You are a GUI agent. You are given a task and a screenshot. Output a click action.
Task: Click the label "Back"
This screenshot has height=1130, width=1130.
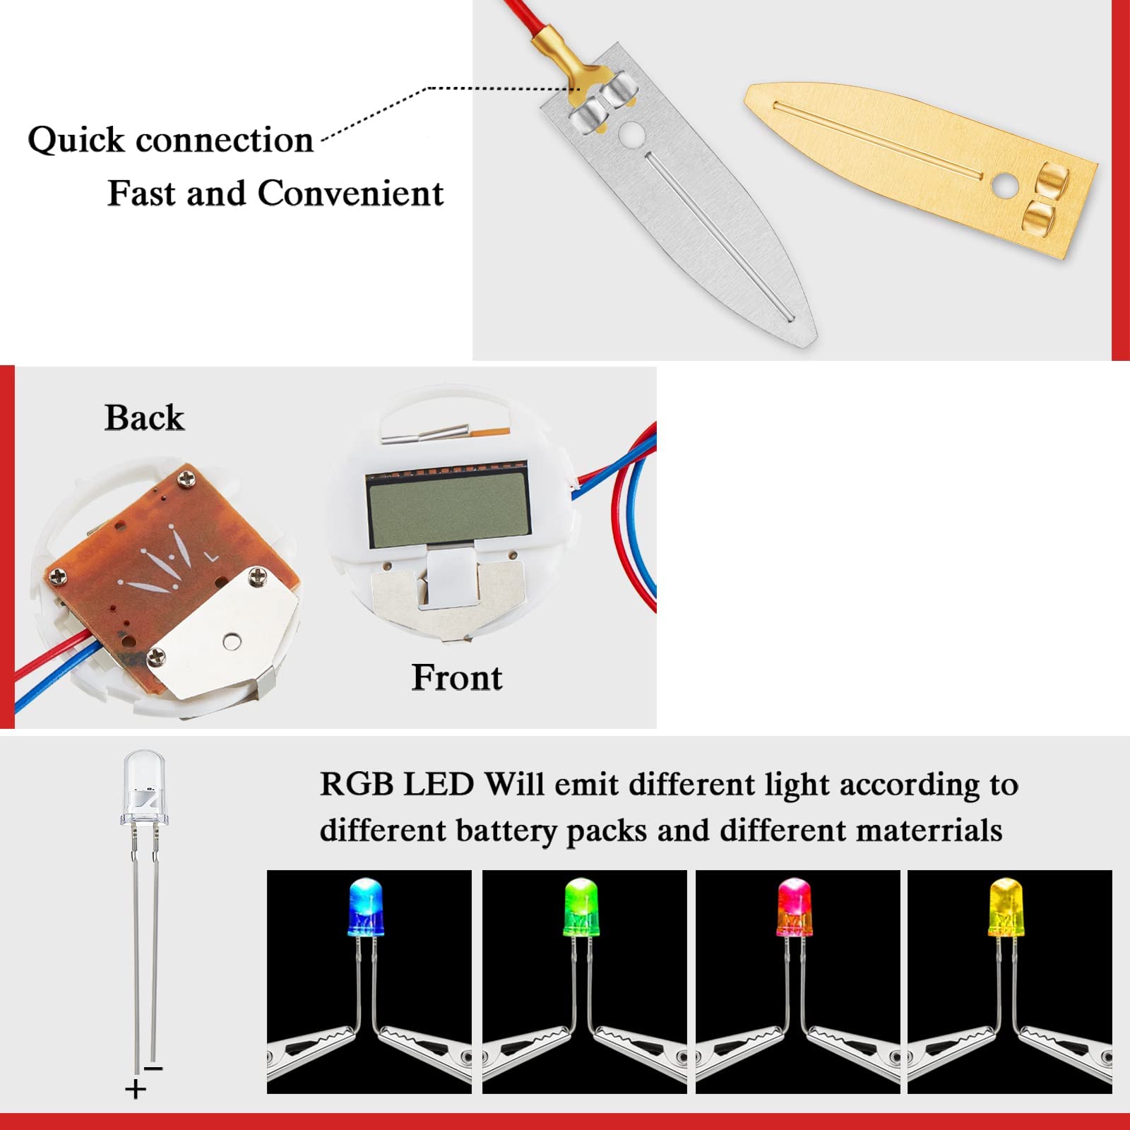tap(144, 417)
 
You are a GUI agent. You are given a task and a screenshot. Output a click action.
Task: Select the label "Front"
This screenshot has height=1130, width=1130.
tap(457, 677)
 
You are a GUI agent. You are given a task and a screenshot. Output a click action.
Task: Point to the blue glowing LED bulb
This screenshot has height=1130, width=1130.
tap(366, 907)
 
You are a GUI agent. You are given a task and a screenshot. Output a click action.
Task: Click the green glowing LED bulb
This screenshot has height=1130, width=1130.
tap(582, 907)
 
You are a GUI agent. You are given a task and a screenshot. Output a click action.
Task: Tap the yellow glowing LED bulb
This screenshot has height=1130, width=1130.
tap(1007, 907)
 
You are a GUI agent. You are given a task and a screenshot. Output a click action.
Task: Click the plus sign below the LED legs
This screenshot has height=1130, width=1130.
tap(135, 1089)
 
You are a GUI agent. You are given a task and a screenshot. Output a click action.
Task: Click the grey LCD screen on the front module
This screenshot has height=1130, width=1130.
tap(446, 510)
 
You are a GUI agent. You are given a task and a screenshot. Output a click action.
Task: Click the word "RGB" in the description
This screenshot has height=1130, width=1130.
tap(356, 785)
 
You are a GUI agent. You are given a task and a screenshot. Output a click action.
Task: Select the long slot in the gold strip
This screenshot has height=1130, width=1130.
tap(876, 139)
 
